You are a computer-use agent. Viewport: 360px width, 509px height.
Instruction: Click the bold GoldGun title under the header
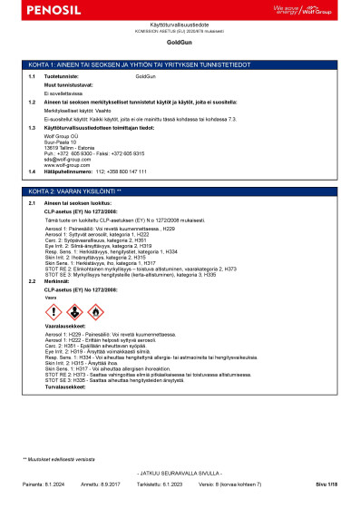[180, 43]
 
